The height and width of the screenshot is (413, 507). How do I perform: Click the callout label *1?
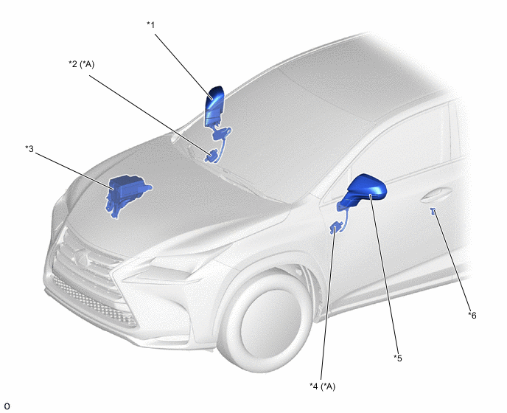click(150, 25)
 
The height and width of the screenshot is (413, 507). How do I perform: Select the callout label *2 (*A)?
click(82, 64)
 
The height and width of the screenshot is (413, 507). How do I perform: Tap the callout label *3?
click(29, 148)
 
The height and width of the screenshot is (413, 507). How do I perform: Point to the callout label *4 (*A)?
click(322, 386)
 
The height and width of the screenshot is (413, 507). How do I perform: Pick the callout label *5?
click(398, 358)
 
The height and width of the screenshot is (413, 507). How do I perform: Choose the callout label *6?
click(472, 315)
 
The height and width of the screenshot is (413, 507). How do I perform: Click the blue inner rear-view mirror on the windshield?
click(214, 106)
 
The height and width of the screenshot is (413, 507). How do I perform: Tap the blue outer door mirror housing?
click(366, 189)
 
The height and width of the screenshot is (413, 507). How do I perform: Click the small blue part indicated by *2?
click(211, 156)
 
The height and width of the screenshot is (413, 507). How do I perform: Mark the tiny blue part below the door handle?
click(433, 212)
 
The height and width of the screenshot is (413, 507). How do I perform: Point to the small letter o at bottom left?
click(7, 406)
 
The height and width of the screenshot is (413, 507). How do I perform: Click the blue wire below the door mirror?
click(346, 219)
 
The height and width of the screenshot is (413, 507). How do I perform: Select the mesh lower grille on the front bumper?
click(94, 301)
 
